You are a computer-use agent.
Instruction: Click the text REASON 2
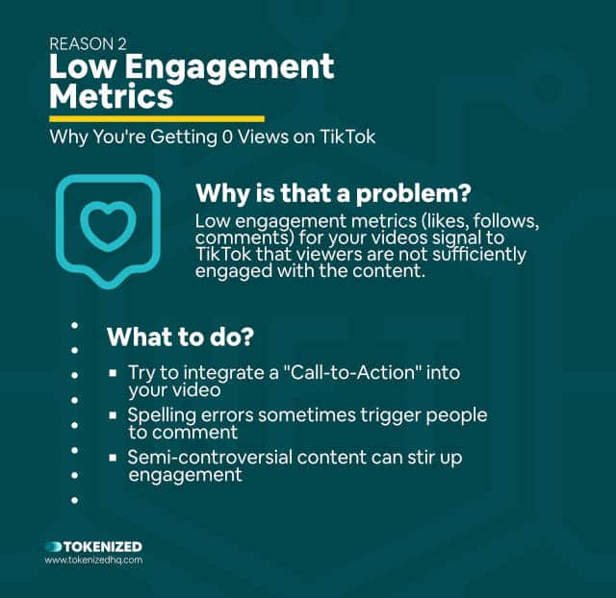point(88,44)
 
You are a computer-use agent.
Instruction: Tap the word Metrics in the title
point(112,96)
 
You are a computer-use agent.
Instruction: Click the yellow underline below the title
point(157,118)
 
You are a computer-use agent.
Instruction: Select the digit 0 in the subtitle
point(227,137)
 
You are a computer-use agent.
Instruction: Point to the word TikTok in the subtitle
point(347,137)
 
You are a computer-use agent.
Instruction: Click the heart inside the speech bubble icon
point(108,225)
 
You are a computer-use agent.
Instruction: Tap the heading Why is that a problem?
point(333,193)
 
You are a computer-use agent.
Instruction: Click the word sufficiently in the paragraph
point(479,255)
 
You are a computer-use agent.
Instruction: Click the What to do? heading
point(180,336)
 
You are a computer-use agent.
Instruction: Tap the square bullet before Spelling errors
point(113,414)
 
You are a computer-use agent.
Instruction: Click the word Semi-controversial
point(210,458)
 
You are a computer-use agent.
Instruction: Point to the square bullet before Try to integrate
point(113,372)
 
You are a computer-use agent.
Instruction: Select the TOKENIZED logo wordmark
point(93,547)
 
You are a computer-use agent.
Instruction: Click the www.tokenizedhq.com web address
point(93,560)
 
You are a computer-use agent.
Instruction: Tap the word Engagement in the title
point(230,67)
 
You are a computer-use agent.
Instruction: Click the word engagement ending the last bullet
point(185,476)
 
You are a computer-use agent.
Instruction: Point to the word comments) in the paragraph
point(244,238)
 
